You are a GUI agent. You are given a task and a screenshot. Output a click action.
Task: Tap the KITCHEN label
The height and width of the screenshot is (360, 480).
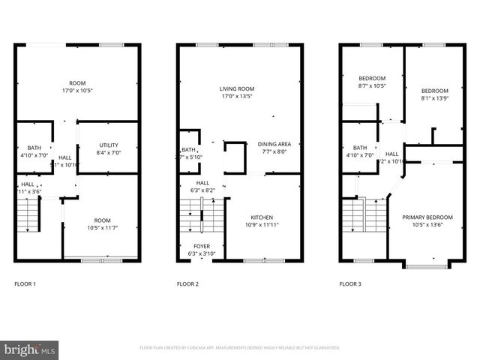click(262, 217)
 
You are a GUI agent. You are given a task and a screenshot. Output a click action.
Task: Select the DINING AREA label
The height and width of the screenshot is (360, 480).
click(274, 144)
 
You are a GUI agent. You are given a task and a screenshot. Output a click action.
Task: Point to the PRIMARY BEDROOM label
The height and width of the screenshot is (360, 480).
click(424, 217)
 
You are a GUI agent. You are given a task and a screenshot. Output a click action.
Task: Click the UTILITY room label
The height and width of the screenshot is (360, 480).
click(107, 146)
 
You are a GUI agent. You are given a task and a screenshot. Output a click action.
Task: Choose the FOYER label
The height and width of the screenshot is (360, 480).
click(202, 246)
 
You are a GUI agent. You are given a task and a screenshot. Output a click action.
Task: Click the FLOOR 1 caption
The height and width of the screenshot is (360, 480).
click(25, 284)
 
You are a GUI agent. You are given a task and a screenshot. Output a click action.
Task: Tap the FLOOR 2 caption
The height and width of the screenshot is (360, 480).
click(187, 284)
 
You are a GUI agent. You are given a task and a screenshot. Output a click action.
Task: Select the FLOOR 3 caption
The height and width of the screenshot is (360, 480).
click(350, 284)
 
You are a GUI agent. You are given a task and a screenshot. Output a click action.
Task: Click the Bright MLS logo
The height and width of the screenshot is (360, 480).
click(30, 349)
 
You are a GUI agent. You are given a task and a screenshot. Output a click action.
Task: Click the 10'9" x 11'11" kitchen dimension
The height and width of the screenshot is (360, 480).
click(262, 224)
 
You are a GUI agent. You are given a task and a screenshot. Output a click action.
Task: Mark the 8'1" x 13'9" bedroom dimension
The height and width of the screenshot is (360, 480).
click(434, 98)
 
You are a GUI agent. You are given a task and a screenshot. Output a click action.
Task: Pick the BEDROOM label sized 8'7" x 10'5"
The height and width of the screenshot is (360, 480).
click(372, 79)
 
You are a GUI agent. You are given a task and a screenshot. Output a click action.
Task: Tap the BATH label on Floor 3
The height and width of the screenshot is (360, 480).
click(360, 148)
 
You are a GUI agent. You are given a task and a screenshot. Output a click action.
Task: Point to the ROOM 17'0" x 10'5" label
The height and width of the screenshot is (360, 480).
click(77, 83)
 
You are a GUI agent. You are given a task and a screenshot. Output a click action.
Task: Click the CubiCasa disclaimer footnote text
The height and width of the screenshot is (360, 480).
click(240, 348)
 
